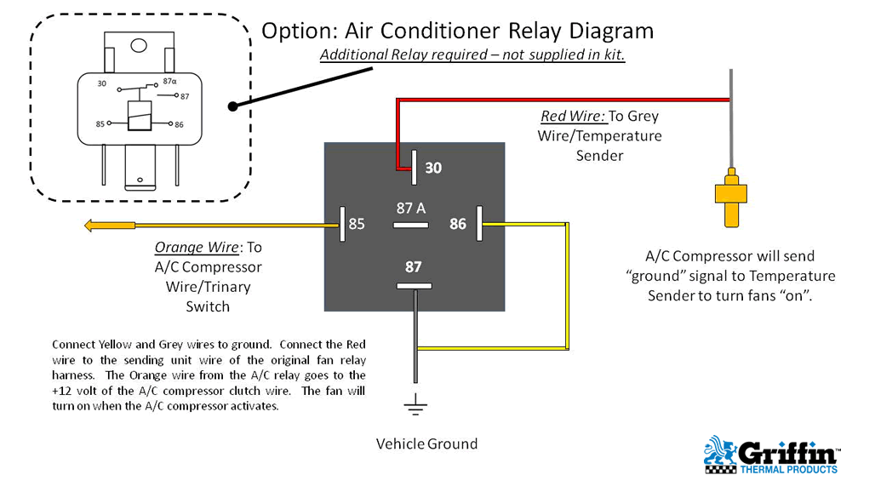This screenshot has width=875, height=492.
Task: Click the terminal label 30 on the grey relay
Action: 433,169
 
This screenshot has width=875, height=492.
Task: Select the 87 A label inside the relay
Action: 411,208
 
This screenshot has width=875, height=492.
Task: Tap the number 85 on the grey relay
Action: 357,225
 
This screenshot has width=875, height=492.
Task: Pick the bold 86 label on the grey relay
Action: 458,225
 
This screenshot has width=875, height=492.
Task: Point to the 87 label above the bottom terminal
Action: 414,266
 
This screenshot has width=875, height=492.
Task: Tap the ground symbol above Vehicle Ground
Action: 415,407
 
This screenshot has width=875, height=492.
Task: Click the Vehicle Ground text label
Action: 426,443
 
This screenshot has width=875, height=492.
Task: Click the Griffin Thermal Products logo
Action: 770,455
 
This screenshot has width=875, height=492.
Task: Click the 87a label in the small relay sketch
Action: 169,83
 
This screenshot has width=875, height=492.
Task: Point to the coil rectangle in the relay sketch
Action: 139,115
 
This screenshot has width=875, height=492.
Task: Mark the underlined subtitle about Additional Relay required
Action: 472,55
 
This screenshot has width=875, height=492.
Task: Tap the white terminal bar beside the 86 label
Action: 480,224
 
